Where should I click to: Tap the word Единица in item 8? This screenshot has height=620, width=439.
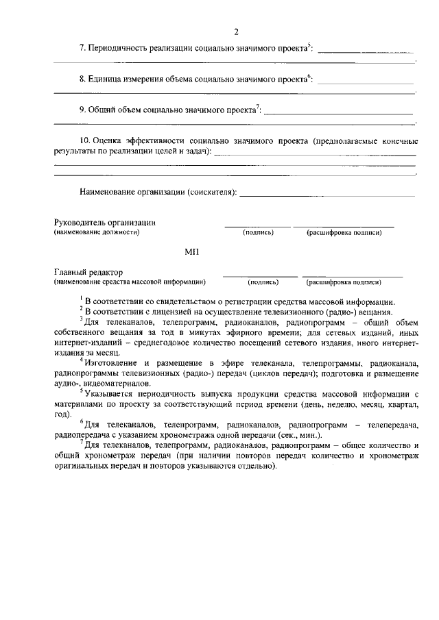click(x=107, y=80)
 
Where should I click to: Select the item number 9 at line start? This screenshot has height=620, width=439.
click(x=82, y=110)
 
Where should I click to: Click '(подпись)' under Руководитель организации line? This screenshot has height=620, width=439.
click(x=258, y=233)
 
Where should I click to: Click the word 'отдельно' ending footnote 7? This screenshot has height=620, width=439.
click(x=255, y=466)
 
